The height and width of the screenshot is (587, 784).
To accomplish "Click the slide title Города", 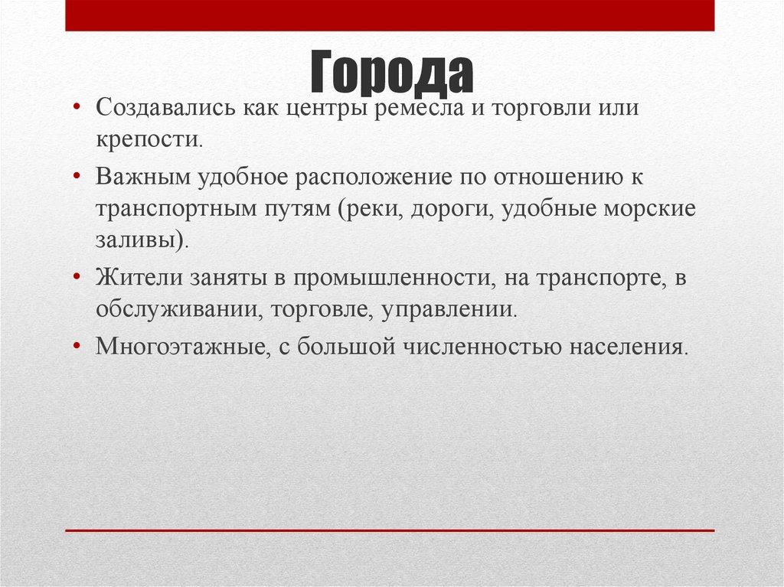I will [x=391, y=73].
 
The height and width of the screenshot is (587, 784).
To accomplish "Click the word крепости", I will [x=148, y=140].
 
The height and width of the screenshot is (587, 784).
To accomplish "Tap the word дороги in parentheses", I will [x=451, y=210].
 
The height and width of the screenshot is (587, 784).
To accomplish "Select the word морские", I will [x=652, y=210].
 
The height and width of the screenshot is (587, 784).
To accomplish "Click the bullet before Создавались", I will [x=77, y=107].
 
